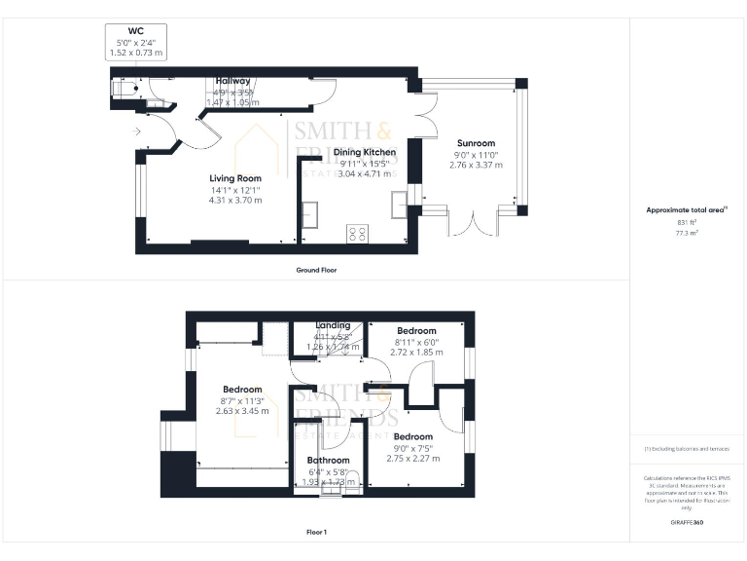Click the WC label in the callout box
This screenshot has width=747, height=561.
tap(135, 31)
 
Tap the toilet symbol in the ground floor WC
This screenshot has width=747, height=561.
tap(124, 90)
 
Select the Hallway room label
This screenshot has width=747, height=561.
tap(232, 81)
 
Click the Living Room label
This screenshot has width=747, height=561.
tap(235, 178)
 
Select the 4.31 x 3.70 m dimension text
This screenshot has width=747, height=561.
tap(235, 200)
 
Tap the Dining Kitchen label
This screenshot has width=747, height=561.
tap(365, 153)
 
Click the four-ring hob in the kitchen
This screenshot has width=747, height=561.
tap(357, 234)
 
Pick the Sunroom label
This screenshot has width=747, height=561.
tap(476, 143)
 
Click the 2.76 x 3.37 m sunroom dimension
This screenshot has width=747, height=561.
tap(476, 165)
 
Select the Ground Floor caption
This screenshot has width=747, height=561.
tap(316, 269)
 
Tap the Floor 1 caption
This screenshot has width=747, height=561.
tap(316, 533)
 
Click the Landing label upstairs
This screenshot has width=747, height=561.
tap(332, 325)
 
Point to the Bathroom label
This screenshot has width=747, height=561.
tap(328, 460)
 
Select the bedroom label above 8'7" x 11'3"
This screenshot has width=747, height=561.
tap(242, 390)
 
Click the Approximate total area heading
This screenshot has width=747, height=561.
tap(687, 209)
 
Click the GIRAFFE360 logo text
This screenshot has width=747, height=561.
tap(687, 523)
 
